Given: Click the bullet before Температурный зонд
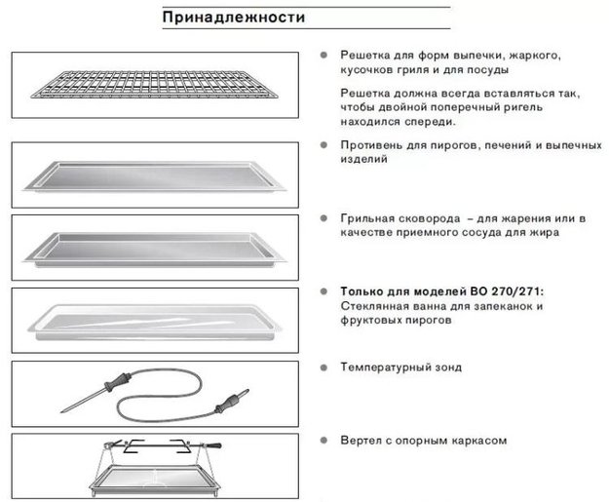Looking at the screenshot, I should (323, 367).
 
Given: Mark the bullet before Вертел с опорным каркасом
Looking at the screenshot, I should (323, 440).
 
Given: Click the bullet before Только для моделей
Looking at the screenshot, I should (323, 290).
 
